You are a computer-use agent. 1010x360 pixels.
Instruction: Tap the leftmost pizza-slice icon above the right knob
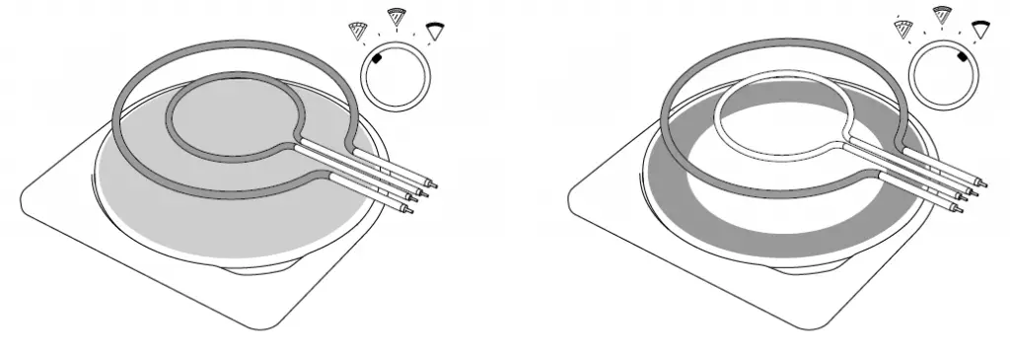902,33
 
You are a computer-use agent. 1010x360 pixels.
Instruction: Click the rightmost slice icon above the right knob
980,30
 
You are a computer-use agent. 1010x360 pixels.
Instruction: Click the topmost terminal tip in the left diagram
434,183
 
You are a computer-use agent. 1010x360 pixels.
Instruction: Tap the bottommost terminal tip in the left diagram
410,210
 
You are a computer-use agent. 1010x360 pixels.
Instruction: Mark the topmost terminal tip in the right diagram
981,183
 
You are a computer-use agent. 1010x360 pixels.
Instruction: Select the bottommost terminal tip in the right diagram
958,210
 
